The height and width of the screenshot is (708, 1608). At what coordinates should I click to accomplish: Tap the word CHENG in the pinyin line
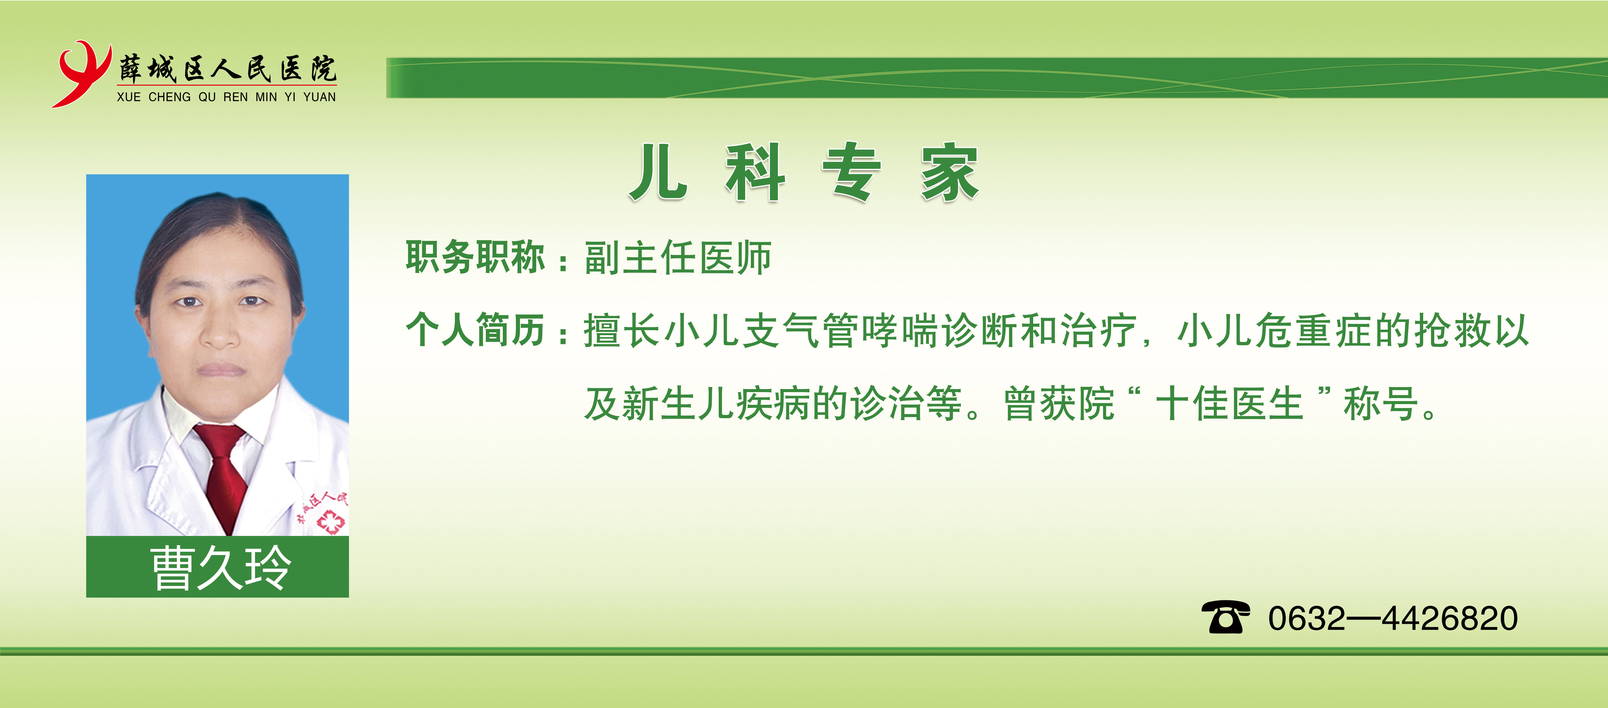point(169,97)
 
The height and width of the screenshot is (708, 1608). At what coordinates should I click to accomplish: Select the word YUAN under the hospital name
point(320,97)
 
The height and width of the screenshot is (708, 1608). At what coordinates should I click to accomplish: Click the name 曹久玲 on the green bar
point(220,568)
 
